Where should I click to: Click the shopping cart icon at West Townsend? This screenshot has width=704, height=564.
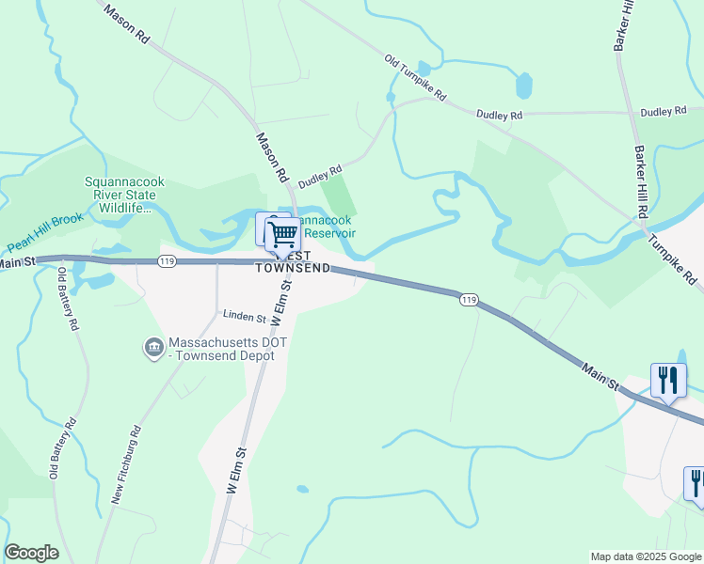[x=282, y=234]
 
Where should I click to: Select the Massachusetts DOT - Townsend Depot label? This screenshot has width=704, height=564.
[x=228, y=350]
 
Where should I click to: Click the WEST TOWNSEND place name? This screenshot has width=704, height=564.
[x=294, y=261]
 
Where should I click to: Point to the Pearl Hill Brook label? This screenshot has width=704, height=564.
[x=45, y=232]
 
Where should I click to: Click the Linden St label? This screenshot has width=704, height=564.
[x=244, y=316]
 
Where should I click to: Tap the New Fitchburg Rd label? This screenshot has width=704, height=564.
[x=127, y=466]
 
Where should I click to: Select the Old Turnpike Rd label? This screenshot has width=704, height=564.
[x=415, y=78]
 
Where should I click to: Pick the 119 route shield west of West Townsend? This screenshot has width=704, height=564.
[x=167, y=261]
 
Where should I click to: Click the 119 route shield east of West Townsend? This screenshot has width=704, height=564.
[x=469, y=300]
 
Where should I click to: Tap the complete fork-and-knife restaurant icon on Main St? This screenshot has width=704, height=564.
[x=668, y=381]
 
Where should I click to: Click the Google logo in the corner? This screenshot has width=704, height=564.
[x=31, y=553]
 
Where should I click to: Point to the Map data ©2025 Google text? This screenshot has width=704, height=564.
[x=646, y=556]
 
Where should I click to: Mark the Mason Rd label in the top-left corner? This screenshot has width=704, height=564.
[x=127, y=25]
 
